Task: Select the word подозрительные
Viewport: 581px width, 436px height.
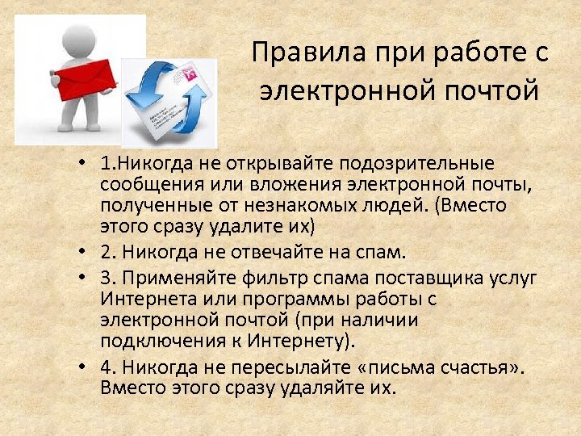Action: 427,165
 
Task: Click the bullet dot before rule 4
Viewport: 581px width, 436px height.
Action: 85,367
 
